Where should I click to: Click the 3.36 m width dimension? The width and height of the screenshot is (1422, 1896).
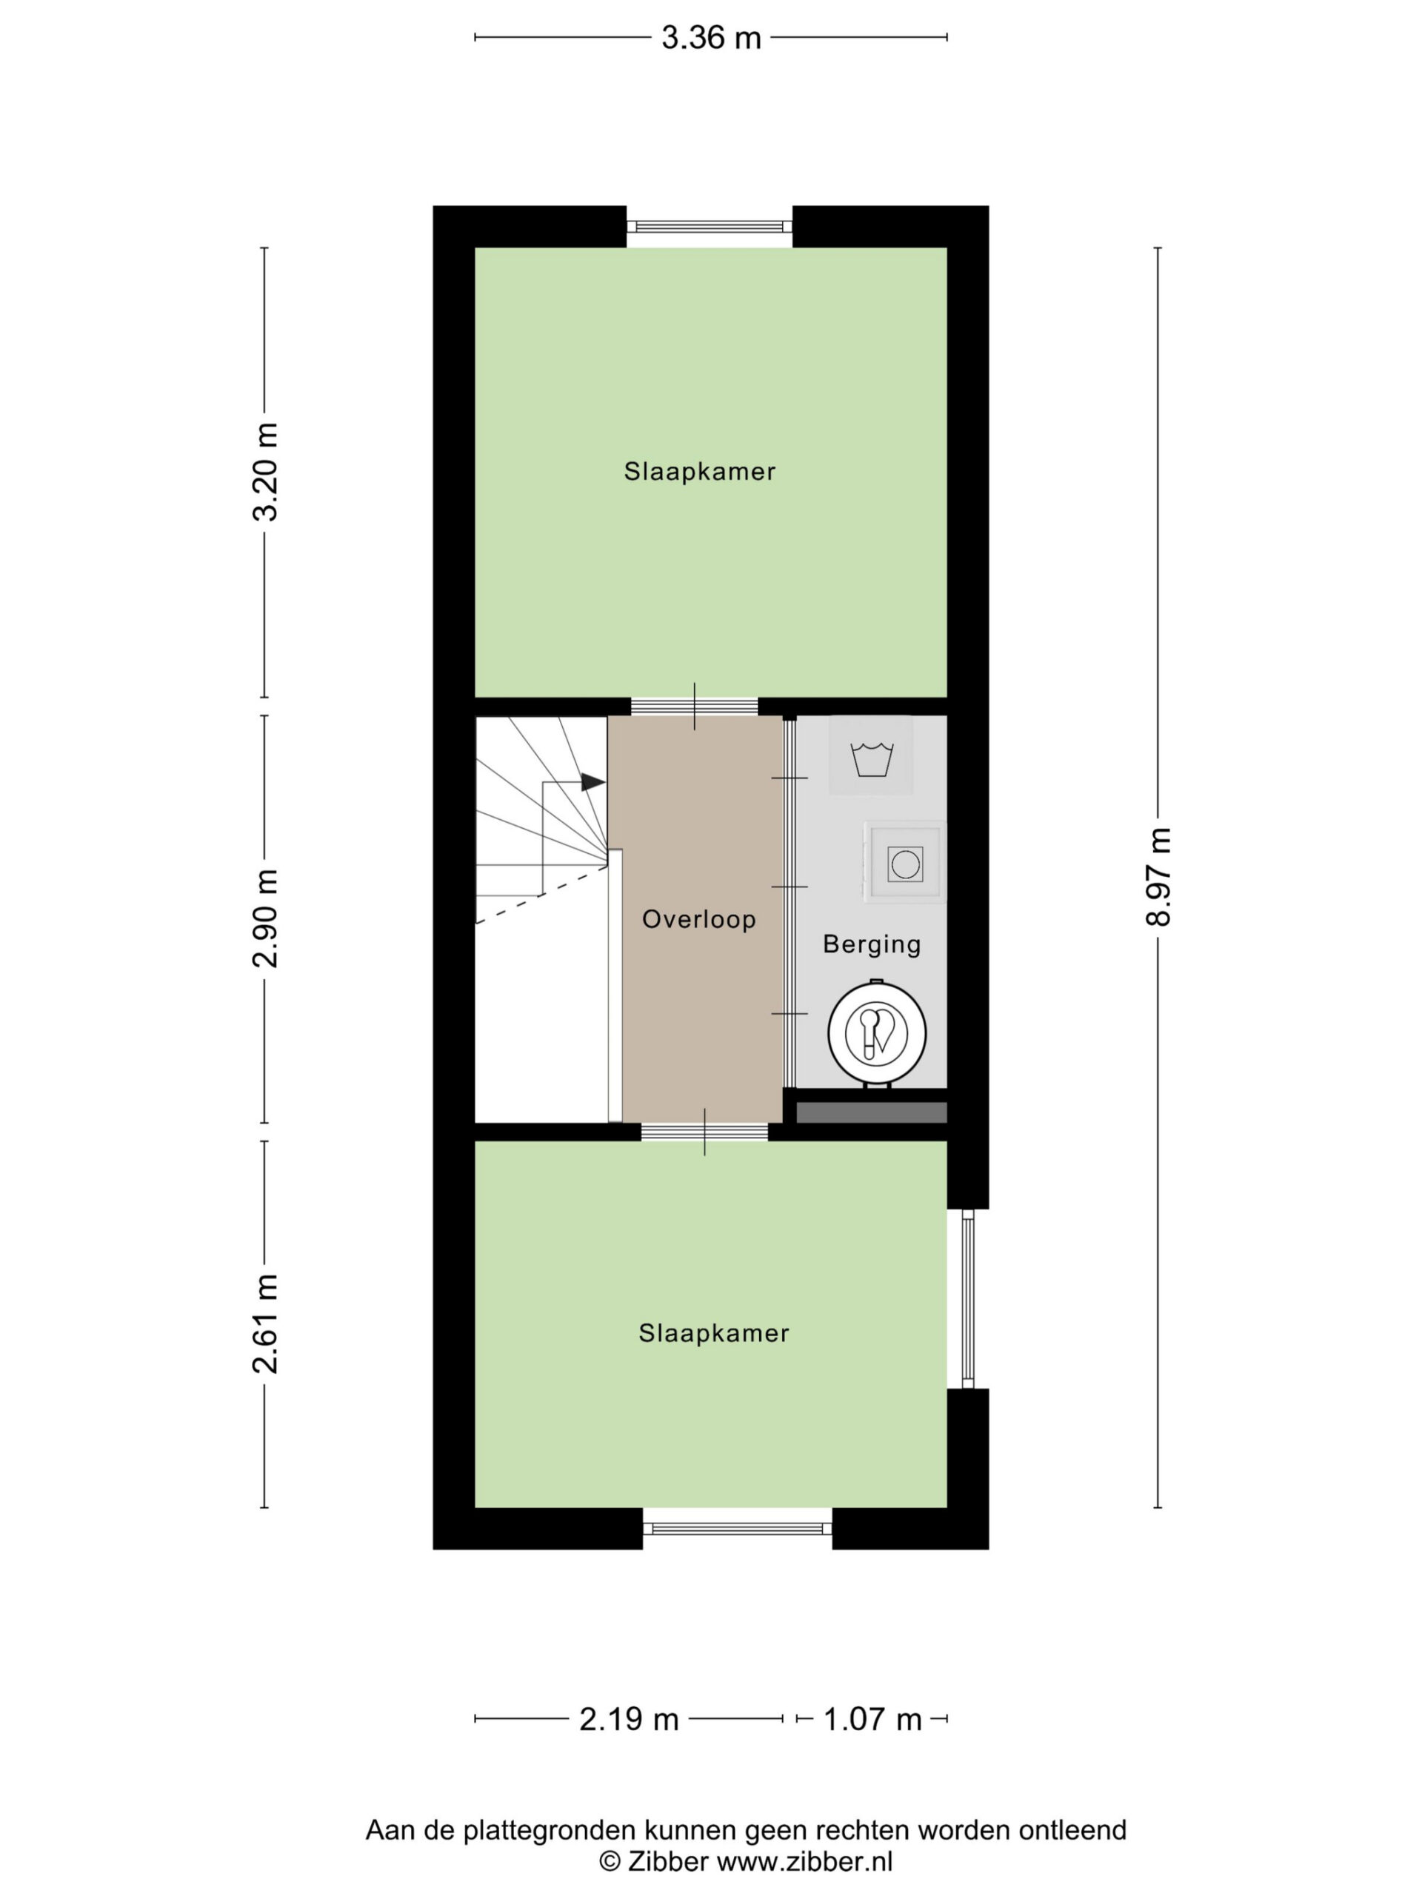[x=710, y=38]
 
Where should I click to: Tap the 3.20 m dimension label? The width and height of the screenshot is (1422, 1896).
[x=266, y=473]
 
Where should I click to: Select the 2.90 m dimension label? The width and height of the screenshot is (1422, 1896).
[x=266, y=918]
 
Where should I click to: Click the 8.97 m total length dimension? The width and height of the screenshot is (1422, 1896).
[x=1158, y=877]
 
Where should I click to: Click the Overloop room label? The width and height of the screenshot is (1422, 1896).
[x=698, y=920]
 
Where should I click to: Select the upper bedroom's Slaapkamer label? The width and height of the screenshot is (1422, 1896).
[x=699, y=472]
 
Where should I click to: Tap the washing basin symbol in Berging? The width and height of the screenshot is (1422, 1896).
[x=871, y=758]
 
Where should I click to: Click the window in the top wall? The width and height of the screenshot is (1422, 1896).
[x=710, y=227]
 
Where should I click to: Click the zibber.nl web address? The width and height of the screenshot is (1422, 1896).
[x=804, y=1862]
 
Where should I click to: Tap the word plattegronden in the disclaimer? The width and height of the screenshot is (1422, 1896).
[x=554, y=1831]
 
